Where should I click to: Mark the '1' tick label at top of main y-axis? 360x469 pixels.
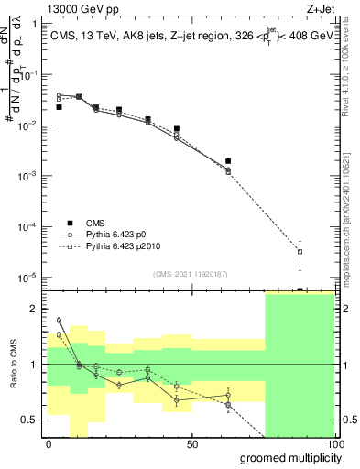click(34, 25)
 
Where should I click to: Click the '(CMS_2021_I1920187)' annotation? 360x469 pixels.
click(190, 272)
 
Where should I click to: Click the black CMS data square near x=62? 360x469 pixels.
click(228, 161)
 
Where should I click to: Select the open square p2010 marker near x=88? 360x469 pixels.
click(300, 252)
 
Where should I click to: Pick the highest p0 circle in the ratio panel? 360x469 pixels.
click(59, 321)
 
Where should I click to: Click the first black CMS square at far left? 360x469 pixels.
click(59, 107)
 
